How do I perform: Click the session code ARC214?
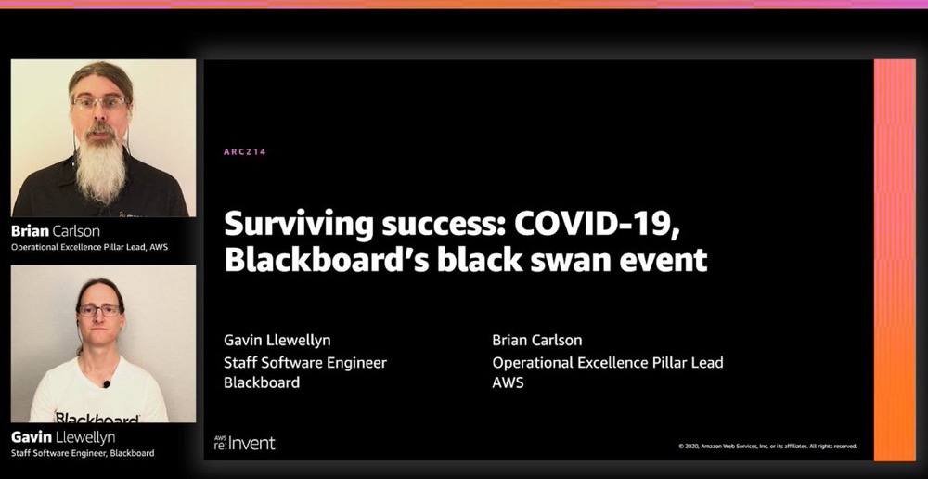[245, 151]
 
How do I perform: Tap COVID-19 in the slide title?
[597, 225]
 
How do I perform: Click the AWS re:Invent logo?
[245, 442]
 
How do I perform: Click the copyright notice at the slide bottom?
[767, 447]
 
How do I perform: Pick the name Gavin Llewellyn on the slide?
[277, 341]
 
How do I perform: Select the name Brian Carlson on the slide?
[536, 340]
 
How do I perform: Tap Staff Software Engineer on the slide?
[304, 362]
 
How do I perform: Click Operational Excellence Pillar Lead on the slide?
[608, 362]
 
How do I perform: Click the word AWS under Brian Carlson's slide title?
[508, 382]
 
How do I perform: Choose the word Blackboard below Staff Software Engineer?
[262, 382]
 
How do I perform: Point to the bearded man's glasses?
[100, 102]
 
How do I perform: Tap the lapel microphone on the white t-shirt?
[107, 384]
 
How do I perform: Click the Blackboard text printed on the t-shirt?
[97, 418]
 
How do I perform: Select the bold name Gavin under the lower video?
[32, 437]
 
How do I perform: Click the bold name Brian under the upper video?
[31, 230]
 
